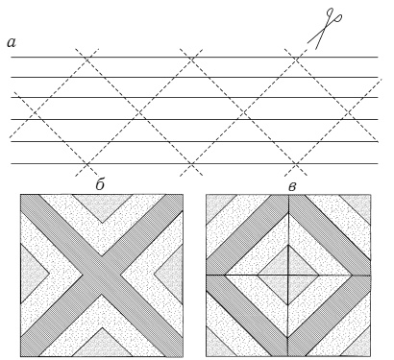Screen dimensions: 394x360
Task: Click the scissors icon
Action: tap(324, 29)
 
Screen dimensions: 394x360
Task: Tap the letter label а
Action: tap(12, 42)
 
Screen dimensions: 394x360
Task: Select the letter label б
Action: tap(100, 184)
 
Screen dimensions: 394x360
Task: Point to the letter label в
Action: tap(292, 187)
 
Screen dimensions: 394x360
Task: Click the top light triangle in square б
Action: tap(102, 204)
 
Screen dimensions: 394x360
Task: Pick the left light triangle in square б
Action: tap(32, 274)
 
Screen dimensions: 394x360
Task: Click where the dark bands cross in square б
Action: tap(102, 275)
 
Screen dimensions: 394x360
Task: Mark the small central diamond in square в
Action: tap(288, 275)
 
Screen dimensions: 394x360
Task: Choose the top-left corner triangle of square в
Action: tap(216, 204)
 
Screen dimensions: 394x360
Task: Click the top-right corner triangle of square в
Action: tap(359, 205)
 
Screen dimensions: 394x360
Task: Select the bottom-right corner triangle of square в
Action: tap(359, 345)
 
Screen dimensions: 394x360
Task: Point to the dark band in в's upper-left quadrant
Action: tap(247, 234)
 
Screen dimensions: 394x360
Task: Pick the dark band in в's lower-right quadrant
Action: tap(330, 316)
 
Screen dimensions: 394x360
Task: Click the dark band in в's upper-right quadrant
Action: tap(330, 234)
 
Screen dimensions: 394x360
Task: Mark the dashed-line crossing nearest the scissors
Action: tap(296, 60)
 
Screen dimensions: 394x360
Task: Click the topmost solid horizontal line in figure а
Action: tap(195, 58)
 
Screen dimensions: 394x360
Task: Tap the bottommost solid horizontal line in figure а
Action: tap(195, 164)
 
